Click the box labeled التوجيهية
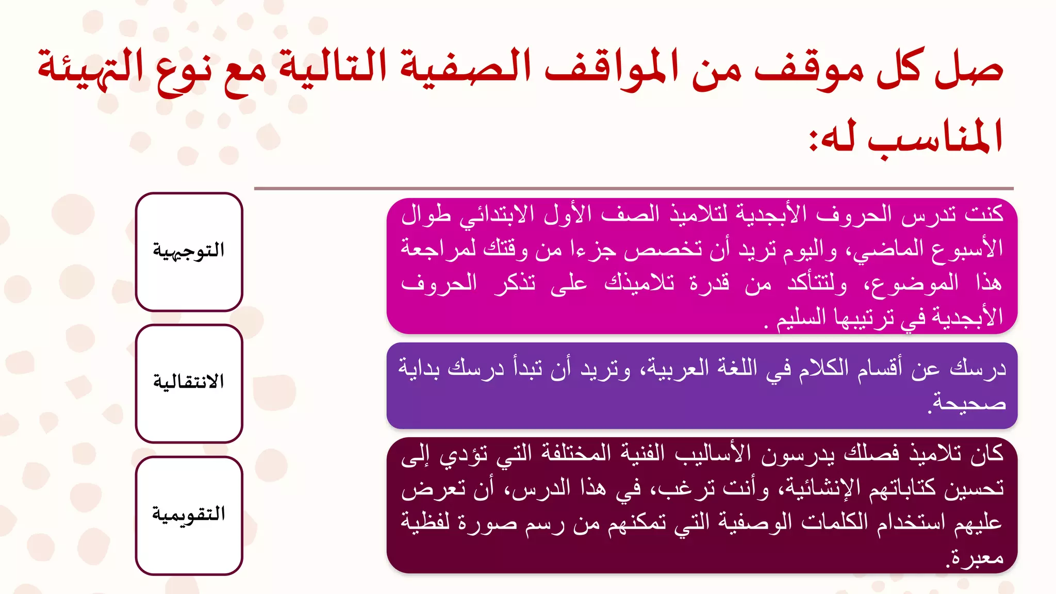189,252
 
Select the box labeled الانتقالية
189,383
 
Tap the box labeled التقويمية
189,515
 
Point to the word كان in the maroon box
987,453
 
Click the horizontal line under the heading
634,189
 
